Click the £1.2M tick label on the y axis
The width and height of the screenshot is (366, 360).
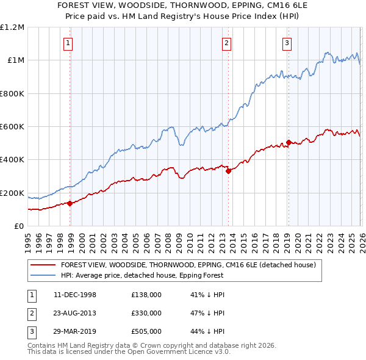(12, 27)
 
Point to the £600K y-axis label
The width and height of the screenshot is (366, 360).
(12, 127)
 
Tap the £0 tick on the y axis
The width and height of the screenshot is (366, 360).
(20, 226)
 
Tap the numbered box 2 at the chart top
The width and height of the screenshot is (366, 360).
(226, 43)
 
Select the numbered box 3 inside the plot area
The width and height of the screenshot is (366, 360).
(287, 43)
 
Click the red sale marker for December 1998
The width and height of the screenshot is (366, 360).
(70, 203)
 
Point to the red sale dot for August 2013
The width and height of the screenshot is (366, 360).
(228, 171)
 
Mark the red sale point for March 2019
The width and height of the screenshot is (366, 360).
(289, 143)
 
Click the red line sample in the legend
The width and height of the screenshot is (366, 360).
(43, 265)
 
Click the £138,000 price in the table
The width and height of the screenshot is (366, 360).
(146, 295)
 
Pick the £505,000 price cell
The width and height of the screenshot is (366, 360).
(146, 331)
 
